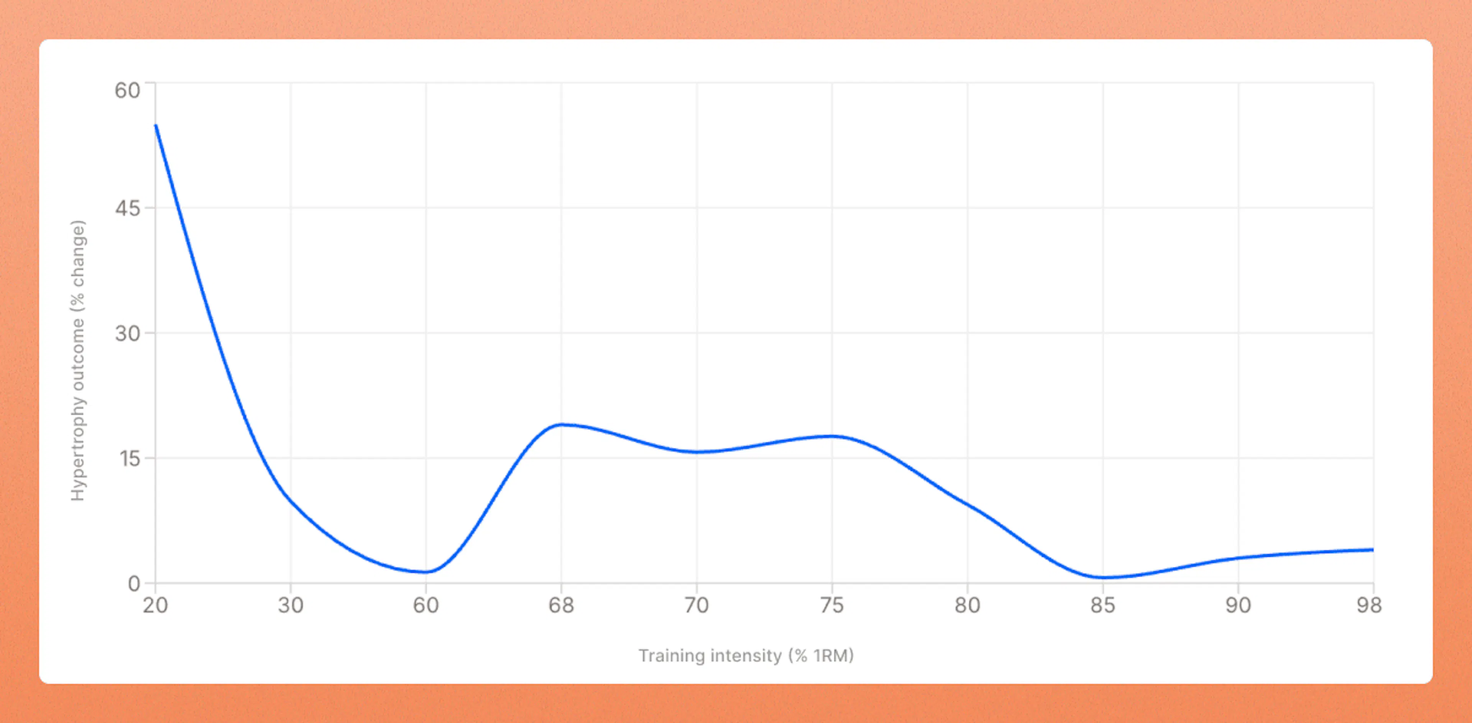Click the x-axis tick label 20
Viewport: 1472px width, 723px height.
155,605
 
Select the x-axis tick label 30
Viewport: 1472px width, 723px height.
290,605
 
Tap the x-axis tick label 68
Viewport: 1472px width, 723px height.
561,605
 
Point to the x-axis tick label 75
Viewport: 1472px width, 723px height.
832,605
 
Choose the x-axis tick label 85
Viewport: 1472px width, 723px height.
1103,605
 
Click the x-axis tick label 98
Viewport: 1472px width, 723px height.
1369,605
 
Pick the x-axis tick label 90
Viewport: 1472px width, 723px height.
1238,605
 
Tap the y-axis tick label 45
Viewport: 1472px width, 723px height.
127,208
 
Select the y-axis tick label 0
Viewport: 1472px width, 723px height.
134,583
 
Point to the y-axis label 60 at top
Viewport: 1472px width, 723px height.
127,90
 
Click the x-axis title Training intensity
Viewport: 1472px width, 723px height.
710,655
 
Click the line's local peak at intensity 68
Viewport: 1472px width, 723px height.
561,425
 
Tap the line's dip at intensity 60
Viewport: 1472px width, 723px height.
426,571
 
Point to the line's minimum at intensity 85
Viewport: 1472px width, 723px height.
1103,577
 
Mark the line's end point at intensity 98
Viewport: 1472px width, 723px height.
1373,550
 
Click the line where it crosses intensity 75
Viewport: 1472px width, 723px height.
832,436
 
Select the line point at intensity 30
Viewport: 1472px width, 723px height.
290,499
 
